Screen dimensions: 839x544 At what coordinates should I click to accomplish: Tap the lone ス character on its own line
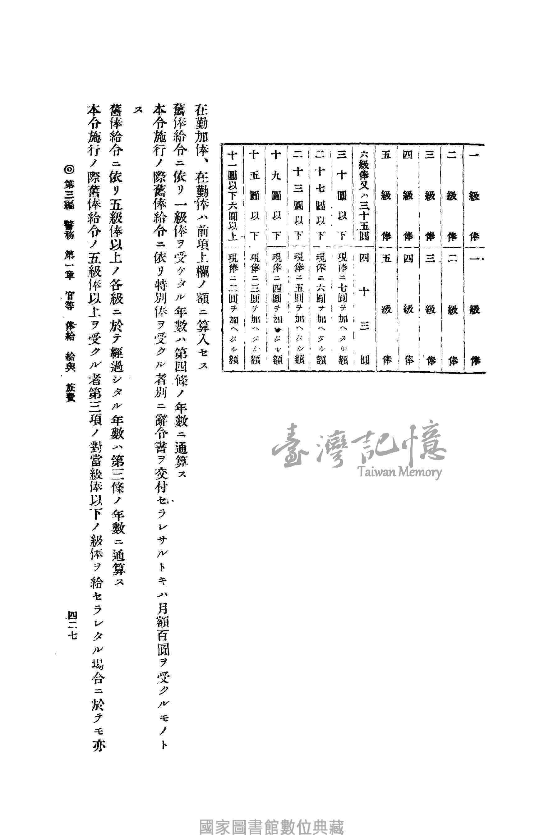tap(137, 111)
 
